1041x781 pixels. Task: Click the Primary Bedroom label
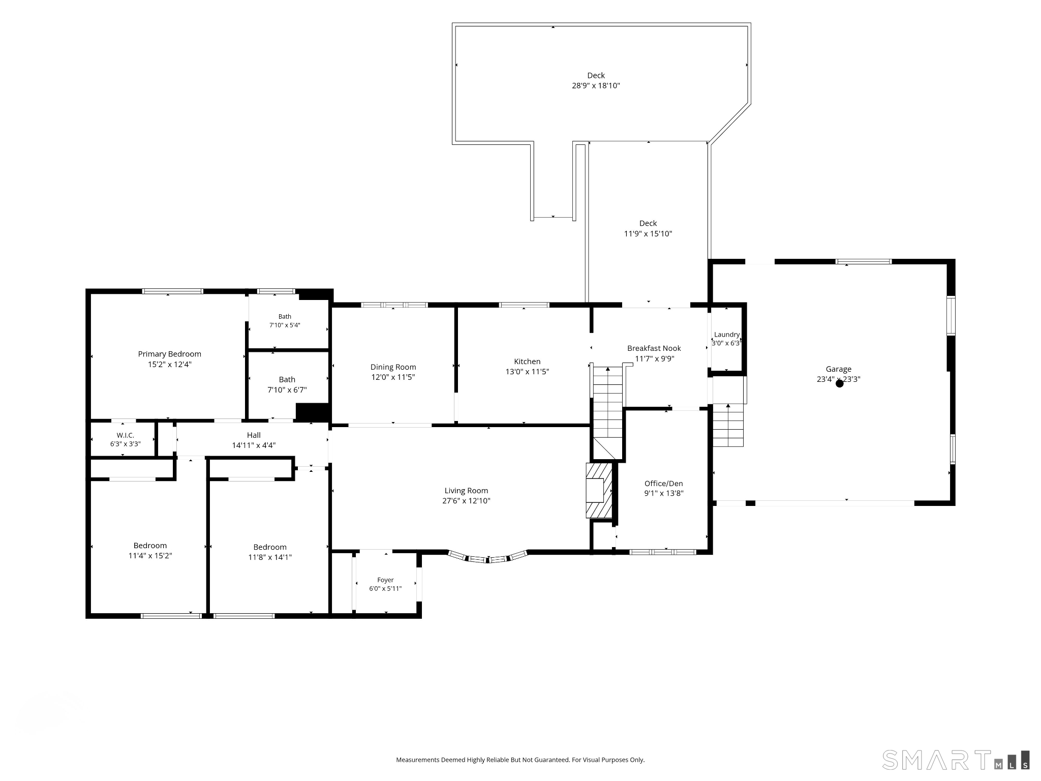[170, 354]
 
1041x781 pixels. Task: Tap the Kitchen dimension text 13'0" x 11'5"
[527, 372]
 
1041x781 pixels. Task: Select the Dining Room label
[393, 367]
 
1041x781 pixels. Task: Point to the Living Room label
[466, 491]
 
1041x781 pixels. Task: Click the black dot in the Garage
[840, 384]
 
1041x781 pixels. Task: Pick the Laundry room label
[727, 335]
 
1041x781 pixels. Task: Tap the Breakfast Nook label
[654, 348]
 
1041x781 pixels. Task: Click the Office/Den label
[664, 484]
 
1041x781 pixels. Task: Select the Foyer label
[385, 580]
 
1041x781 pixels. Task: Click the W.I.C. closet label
[125, 435]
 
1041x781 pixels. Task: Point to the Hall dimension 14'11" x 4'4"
[254, 445]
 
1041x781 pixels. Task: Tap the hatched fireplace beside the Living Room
[599, 491]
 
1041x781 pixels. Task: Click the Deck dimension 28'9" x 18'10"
[596, 85]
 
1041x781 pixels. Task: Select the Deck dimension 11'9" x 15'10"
[648, 234]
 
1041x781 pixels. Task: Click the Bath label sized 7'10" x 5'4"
[285, 317]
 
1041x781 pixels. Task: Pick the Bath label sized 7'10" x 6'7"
[287, 380]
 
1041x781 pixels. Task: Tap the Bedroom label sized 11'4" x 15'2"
[150, 546]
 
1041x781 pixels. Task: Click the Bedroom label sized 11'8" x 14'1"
[270, 547]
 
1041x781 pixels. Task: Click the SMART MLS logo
[956, 760]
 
